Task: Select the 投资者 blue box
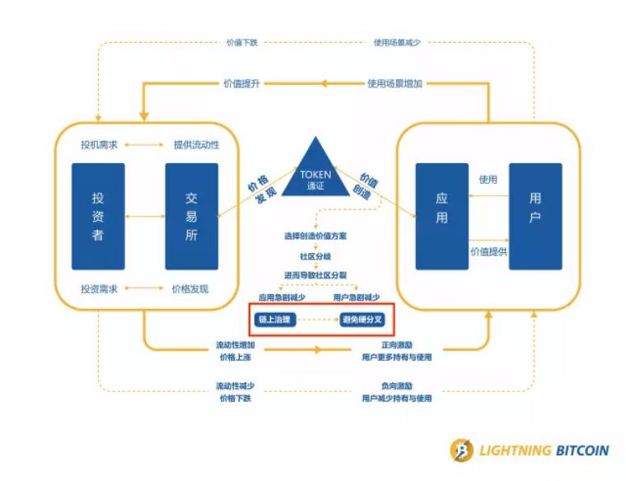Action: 98,216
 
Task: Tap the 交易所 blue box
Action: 192,216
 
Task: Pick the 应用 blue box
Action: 441,216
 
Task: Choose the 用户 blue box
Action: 535,216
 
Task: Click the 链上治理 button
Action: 274,319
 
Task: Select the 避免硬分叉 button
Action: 363,319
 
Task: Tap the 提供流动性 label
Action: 196,145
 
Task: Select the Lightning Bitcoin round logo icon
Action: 461,451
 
